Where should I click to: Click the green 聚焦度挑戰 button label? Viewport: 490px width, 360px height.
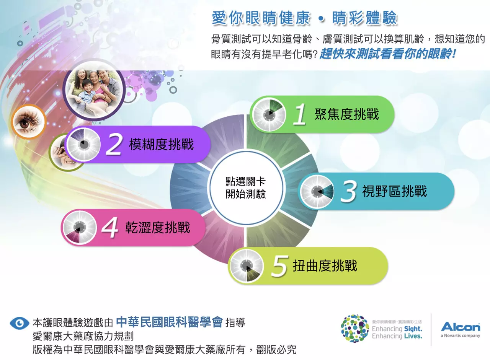[x=346, y=114]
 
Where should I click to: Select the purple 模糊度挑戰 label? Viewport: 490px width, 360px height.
[x=161, y=145]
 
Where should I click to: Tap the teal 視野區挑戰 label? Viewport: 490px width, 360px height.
[x=394, y=191]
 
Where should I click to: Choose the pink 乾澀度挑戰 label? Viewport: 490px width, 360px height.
[x=158, y=228]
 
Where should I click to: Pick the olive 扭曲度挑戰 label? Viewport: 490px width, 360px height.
[x=325, y=266]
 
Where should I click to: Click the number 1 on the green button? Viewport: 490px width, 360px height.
[x=300, y=114]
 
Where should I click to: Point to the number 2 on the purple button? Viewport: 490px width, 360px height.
[x=114, y=145]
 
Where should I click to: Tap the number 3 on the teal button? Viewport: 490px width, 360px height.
[x=348, y=191]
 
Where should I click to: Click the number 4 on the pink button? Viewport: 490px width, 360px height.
[x=110, y=228]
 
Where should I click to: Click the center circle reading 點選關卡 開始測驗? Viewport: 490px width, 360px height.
[x=245, y=188]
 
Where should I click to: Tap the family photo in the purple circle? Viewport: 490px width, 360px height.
[x=94, y=89]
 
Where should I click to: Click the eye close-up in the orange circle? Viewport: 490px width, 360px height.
[x=28, y=122]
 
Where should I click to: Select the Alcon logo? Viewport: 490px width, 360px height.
[x=460, y=327]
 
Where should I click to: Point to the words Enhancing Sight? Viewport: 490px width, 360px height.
[x=397, y=329]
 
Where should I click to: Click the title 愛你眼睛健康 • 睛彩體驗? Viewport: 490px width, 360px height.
[x=304, y=18]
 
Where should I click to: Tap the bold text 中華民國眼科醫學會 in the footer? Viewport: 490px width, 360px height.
[x=169, y=323]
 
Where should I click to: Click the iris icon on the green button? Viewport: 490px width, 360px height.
[x=269, y=114]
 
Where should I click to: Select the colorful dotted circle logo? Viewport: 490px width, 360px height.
[x=355, y=329]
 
